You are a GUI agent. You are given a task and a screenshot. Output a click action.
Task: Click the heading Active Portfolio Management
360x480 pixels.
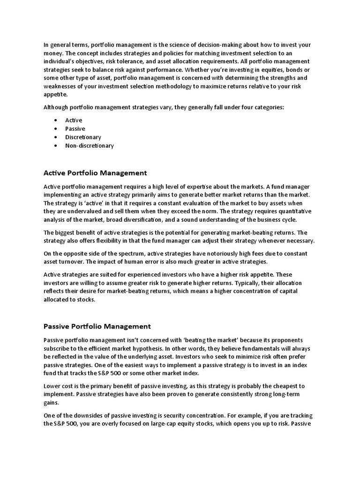95,173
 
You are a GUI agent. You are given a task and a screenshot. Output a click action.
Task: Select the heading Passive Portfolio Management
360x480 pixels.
97,326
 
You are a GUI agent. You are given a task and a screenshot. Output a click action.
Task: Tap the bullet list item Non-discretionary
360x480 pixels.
90,146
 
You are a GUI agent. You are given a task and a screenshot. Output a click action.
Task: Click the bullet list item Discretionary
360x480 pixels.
83,137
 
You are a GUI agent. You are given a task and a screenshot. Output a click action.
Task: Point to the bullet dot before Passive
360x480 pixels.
56,129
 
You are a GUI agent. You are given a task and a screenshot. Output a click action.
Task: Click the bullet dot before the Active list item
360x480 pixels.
56,120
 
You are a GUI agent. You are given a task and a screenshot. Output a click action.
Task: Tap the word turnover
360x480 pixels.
69,262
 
